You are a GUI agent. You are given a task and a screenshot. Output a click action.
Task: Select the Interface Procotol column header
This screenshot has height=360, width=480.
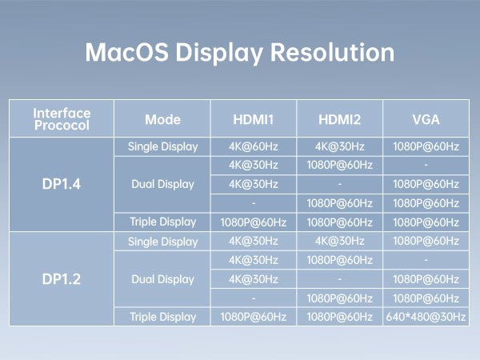click(x=62, y=120)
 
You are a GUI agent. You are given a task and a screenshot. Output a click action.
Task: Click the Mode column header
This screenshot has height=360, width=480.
click(x=162, y=120)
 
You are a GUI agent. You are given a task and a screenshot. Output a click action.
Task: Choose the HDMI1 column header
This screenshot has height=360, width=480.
click(x=254, y=120)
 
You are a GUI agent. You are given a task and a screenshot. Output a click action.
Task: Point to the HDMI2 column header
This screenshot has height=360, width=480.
click(x=339, y=120)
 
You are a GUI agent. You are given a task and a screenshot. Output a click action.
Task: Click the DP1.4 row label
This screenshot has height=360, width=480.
click(x=62, y=184)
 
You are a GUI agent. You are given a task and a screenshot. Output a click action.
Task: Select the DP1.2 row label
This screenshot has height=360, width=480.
click(x=62, y=279)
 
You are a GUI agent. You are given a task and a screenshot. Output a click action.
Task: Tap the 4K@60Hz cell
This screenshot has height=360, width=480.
click(x=254, y=146)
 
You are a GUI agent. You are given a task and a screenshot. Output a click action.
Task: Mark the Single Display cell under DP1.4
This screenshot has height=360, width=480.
click(x=162, y=146)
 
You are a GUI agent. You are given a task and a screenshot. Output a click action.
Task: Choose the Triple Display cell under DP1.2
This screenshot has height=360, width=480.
click(x=162, y=317)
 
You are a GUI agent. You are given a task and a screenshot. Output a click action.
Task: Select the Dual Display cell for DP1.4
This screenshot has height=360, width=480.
click(x=162, y=184)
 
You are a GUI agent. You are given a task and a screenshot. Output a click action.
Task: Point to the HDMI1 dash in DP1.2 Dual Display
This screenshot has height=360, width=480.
click(x=254, y=298)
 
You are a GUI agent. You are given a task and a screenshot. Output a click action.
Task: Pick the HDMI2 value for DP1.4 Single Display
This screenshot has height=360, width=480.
click(x=339, y=146)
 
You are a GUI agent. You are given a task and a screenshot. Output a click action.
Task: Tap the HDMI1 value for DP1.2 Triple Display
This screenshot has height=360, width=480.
click(x=254, y=317)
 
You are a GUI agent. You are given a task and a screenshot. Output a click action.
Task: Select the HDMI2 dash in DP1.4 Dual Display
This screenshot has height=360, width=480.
click(x=339, y=184)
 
